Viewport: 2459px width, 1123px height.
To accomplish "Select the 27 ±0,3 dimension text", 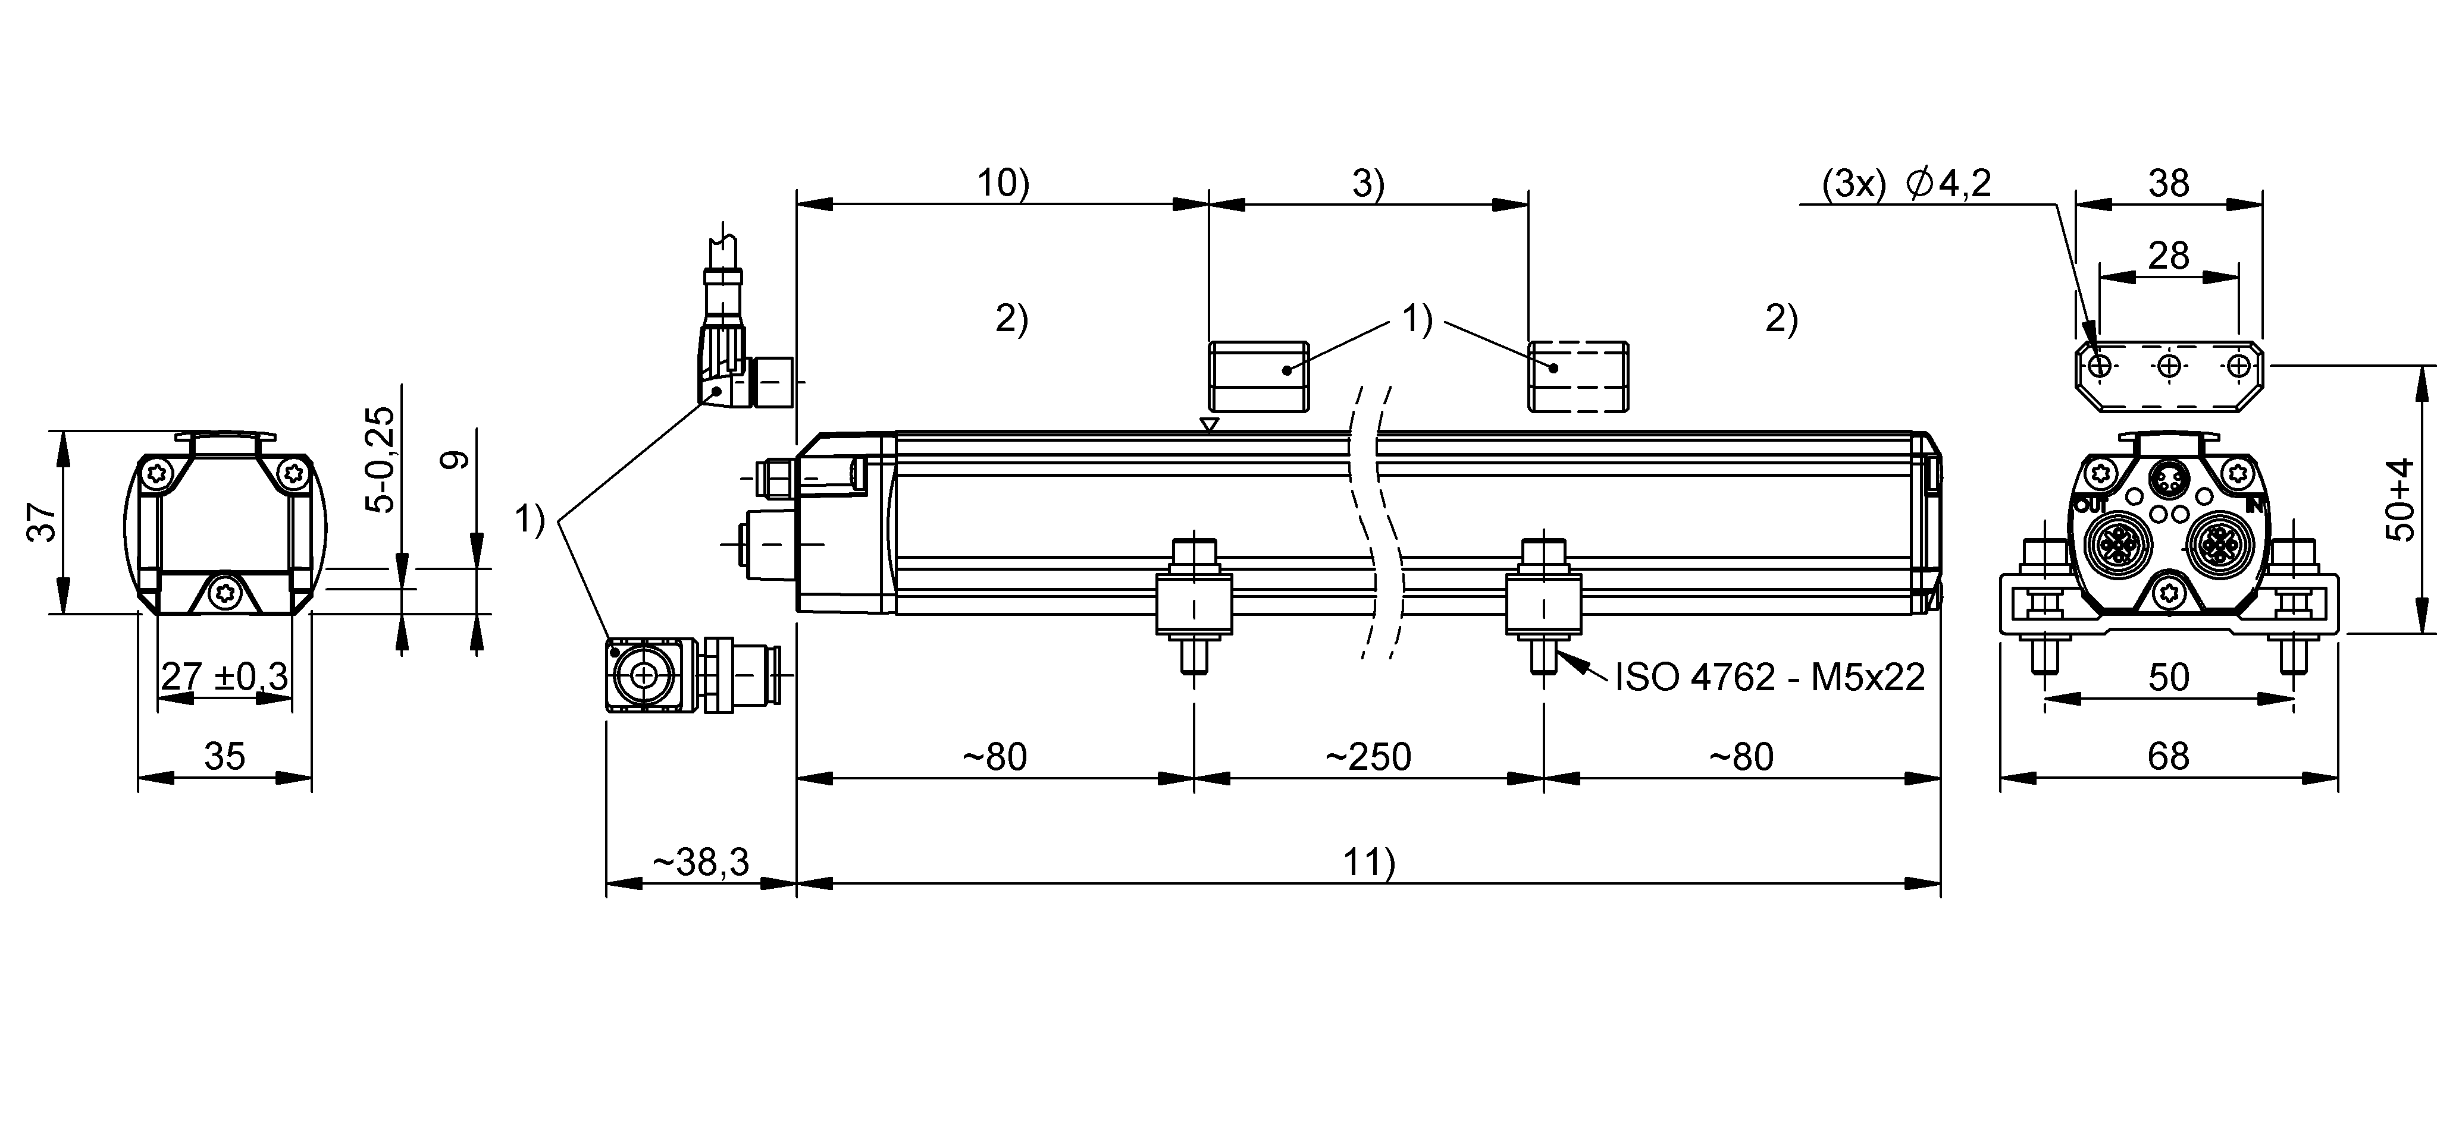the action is click(224, 677).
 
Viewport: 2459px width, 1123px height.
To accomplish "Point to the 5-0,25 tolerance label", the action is click(382, 460).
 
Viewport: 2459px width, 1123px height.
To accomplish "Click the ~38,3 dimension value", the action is click(701, 863).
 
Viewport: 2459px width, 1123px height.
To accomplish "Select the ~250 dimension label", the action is click(1367, 757).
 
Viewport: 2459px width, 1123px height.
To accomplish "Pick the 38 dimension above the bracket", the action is click(2168, 183).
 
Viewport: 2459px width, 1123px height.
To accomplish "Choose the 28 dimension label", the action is click(2168, 256).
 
